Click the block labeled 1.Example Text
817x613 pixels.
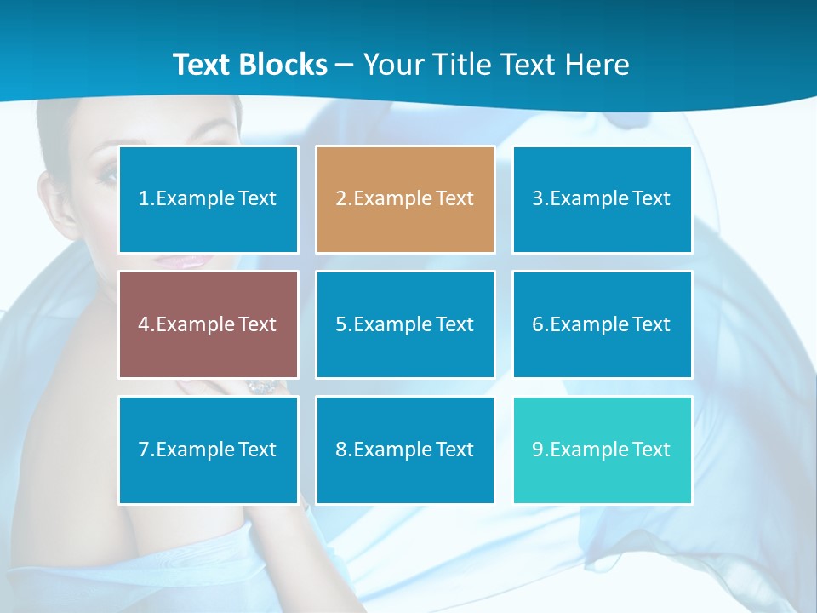click(209, 199)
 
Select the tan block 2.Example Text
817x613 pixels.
click(405, 199)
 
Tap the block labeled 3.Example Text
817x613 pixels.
click(602, 199)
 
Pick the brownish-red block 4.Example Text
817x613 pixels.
click(209, 324)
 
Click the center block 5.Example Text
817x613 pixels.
click(405, 324)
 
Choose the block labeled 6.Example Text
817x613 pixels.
click(602, 324)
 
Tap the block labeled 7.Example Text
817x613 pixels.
click(209, 450)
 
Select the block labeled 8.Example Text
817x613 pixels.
click(405, 450)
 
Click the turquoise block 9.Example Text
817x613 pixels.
click(602, 450)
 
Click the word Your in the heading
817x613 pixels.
click(392, 65)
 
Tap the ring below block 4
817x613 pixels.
click(260, 387)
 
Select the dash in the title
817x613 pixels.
click(346, 66)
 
